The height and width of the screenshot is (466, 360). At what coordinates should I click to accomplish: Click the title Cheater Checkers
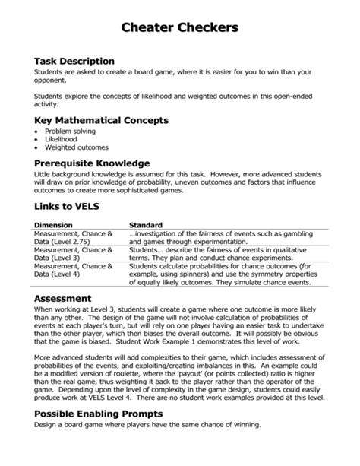click(x=180, y=27)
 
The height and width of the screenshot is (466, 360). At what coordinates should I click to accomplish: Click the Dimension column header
click(x=54, y=225)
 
